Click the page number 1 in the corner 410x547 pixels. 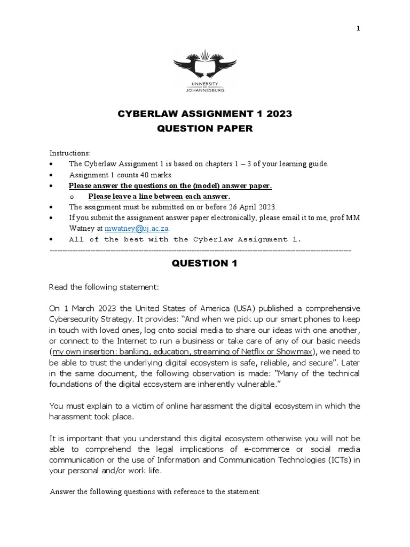358,29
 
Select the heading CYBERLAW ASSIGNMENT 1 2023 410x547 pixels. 204,114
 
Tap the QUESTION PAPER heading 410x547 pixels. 204,129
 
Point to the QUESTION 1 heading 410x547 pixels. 204,263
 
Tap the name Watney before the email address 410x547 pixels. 82,228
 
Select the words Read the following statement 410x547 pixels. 104,287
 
